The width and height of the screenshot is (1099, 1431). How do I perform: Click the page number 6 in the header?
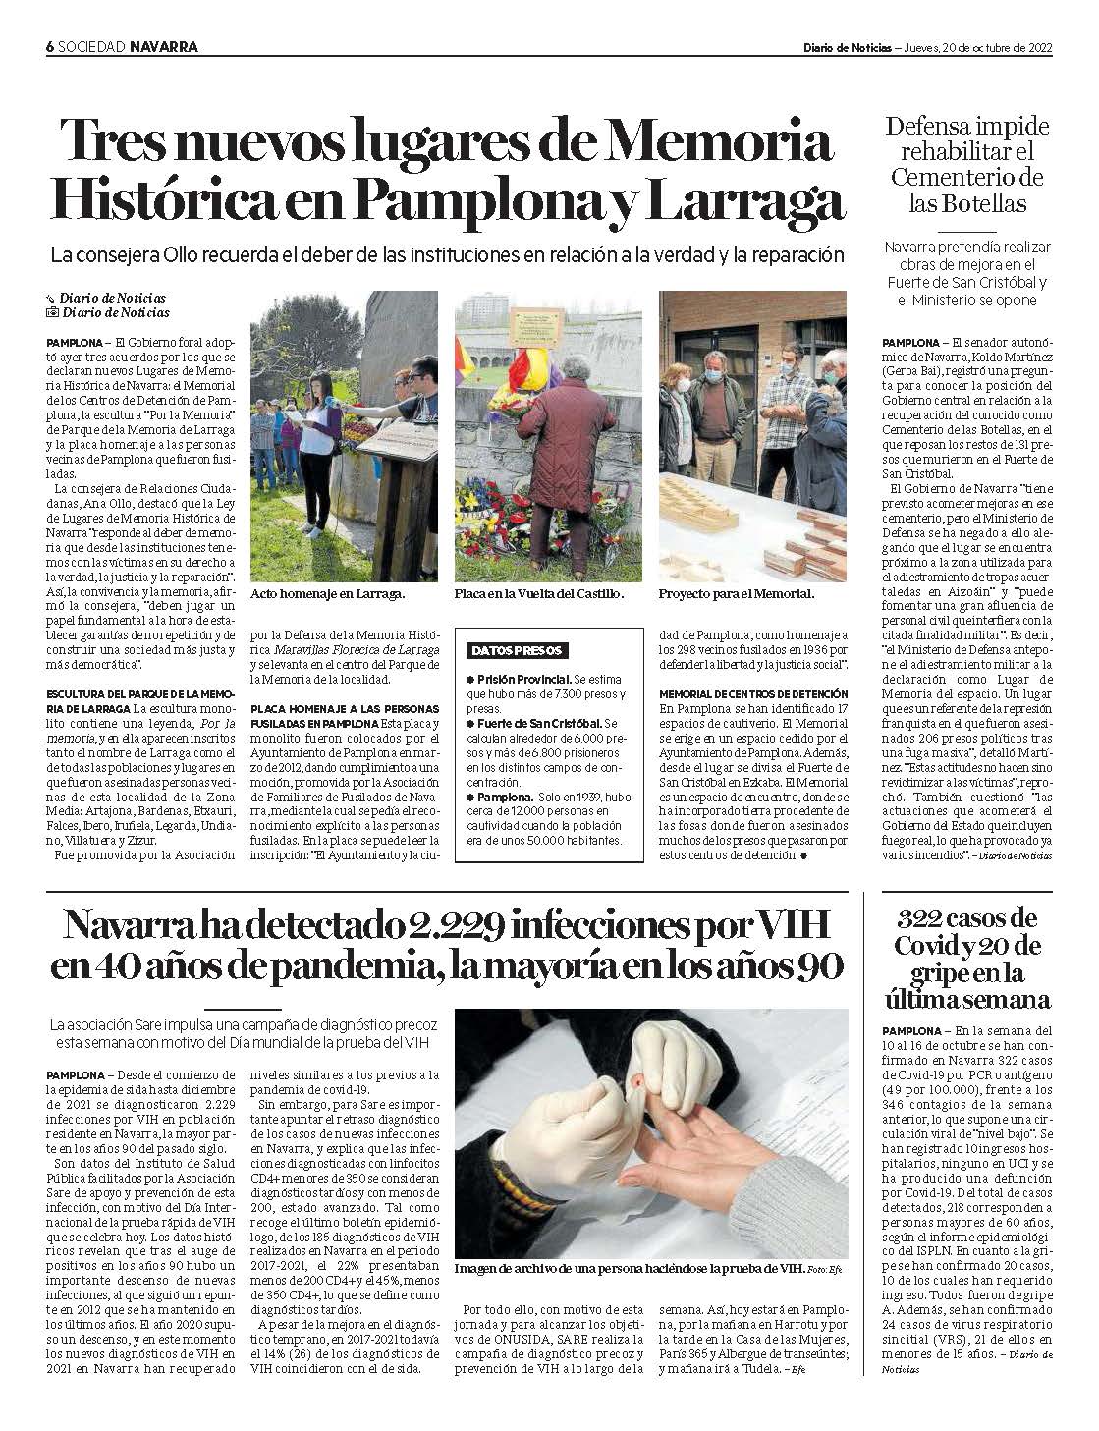[x=50, y=46]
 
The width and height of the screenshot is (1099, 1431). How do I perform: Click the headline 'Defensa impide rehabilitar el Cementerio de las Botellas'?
[x=966, y=165]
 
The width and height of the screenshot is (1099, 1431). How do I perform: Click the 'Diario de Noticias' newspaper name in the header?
[x=847, y=46]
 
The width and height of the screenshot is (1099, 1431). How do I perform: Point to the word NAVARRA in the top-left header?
[x=164, y=46]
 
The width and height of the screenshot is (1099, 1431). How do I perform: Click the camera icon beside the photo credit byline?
[x=52, y=313]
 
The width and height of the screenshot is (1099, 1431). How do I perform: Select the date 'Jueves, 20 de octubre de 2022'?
[x=976, y=46]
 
